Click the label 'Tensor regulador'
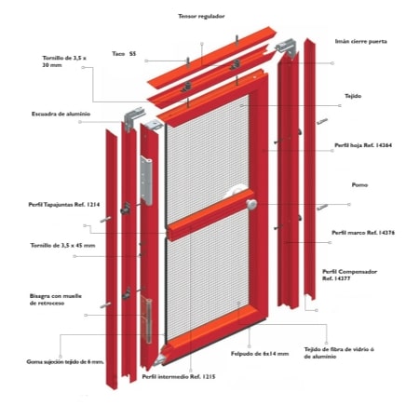[x=201, y=16]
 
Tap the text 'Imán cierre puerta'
[x=361, y=41]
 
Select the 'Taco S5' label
[x=124, y=54]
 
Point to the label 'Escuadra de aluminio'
[x=61, y=114]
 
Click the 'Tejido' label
[x=353, y=96]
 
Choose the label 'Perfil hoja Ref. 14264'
[x=363, y=145]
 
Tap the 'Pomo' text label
[x=359, y=185]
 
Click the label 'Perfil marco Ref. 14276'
[x=363, y=233]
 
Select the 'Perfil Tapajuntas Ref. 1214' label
[x=64, y=205]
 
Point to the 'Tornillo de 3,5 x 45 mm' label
[x=62, y=246]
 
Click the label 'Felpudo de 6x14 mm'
[x=260, y=354]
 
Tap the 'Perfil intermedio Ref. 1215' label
[x=179, y=377]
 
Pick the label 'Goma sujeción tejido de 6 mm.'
[x=65, y=362]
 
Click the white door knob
[x=251, y=204]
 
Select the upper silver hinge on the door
[x=146, y=181]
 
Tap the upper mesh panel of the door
[x=207, y=158]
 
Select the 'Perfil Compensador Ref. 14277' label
[x=349, y=275]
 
